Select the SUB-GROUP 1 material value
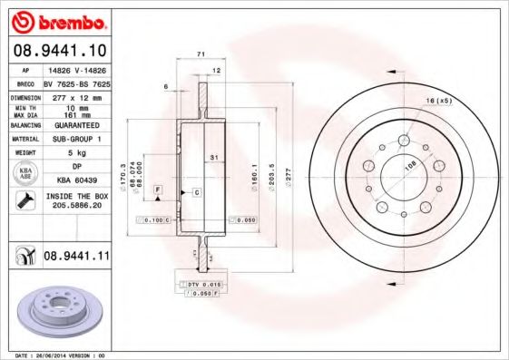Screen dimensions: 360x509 (x=73, y=139)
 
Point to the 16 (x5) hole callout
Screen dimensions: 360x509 (x=438, y=100)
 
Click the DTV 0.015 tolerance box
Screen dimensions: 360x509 (x=199, y=286)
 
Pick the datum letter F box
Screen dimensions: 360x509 (x=158, y=188)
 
